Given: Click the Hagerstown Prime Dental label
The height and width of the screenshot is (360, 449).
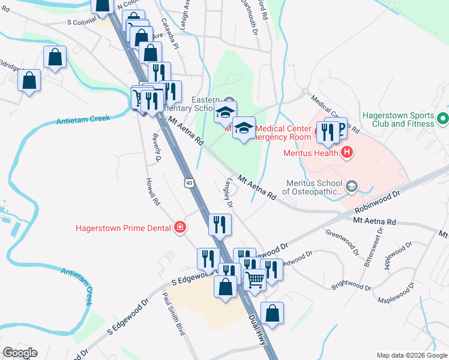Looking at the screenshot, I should pos(122,227).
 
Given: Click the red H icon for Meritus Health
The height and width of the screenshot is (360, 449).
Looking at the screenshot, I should pos(346,152).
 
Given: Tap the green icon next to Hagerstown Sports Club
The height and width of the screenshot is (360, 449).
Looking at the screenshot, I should pos(443,119).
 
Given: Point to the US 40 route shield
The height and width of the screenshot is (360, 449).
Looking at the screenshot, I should pos(190,182).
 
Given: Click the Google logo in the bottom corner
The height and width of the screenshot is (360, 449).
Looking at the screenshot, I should pos(20,352).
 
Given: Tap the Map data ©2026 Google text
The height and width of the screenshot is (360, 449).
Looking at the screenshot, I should pos(411,355).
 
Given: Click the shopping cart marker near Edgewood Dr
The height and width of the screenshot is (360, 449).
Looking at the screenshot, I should pos(255,279).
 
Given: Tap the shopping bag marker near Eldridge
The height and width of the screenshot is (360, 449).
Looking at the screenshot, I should pos(29,80).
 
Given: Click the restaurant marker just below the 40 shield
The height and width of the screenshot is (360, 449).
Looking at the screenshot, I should pos(220,224).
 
